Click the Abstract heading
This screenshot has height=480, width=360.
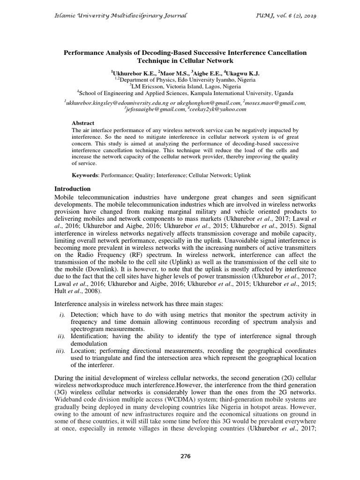click(x=82, y=123)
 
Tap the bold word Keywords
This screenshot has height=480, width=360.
click(x=85, y=175)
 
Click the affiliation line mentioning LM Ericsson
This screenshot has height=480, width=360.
click(x=180, y=86)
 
